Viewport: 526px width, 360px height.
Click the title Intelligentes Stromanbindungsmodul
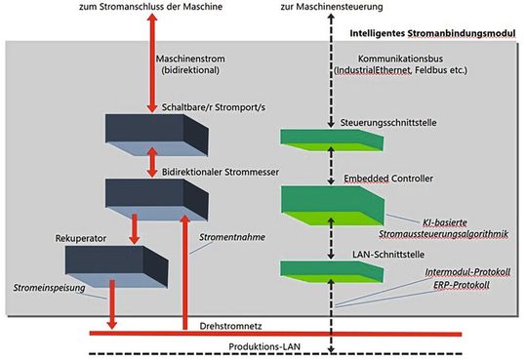click(x=432, y=33)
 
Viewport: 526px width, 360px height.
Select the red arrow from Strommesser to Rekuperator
click(x=135, y=226)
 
